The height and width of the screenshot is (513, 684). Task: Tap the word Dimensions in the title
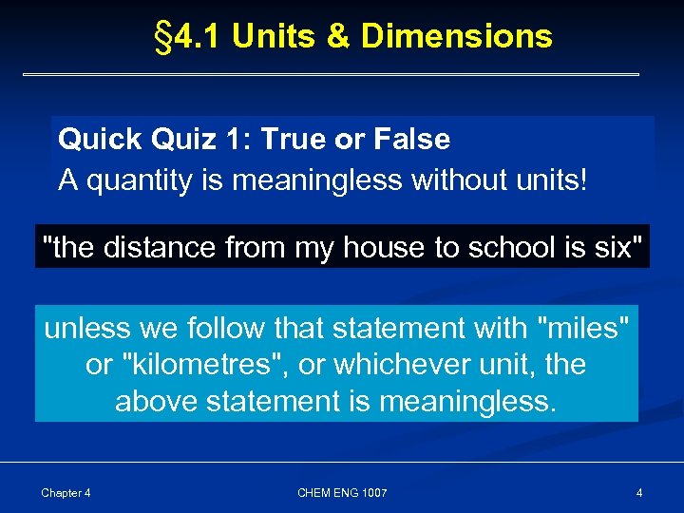[457, 36]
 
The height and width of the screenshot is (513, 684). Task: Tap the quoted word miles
[583, 329]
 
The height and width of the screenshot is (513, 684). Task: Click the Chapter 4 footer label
[66, 492]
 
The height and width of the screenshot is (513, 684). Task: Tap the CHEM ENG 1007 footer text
[342, 492]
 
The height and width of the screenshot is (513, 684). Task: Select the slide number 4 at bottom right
[639, 492]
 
